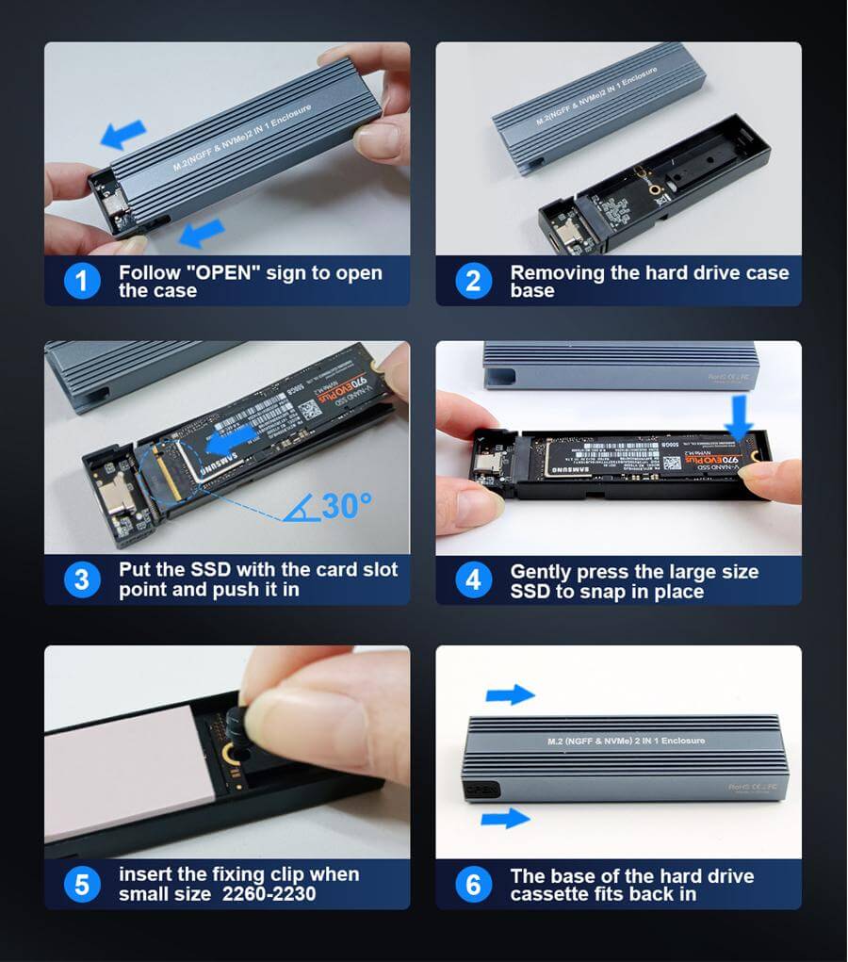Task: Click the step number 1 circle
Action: coord(82,281)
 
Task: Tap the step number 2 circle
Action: coord(473,281)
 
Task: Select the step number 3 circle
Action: coord(82,579)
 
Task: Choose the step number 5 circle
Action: coord(82,884)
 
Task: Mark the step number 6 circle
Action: coord(473,884)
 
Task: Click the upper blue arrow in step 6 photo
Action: coord(510,695)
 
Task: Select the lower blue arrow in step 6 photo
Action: coord(505,817)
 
